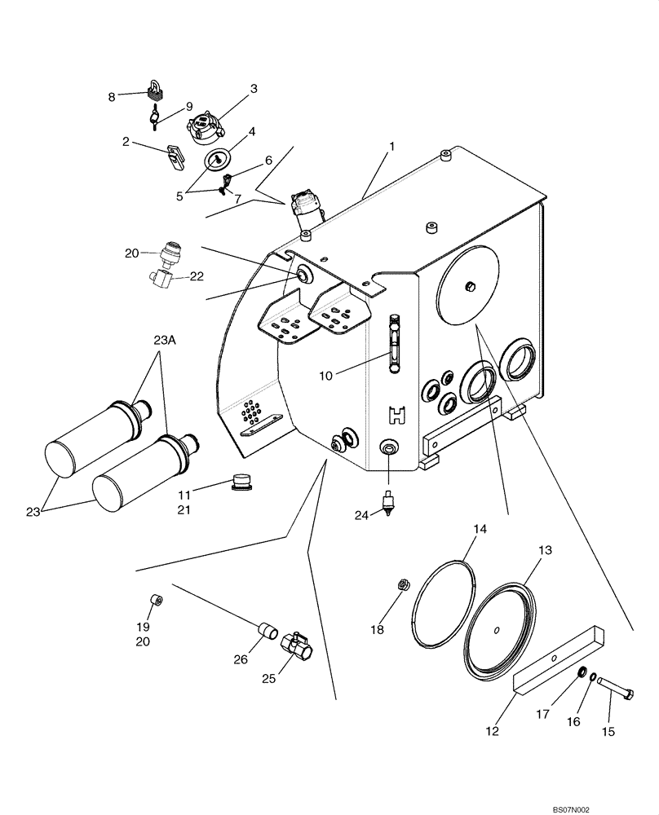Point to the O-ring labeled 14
click(444, 605)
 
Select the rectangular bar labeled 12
click(559, 658)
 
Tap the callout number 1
click(391, 147)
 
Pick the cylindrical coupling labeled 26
click(266, 630)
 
